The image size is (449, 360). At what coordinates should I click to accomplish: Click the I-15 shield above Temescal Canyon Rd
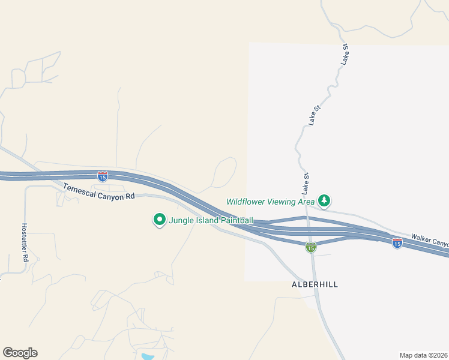coord(103,176)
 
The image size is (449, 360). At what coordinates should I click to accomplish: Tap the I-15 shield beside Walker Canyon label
coord(397,243)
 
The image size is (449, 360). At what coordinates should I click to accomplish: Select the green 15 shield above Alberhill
coord(310,247)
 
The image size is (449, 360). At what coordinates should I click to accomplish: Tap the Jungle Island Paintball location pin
coord(159,220)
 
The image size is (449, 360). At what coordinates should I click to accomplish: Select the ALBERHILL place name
coord(315,284)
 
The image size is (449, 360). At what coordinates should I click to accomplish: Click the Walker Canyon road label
coord(429,241)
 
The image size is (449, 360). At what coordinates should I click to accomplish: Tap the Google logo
coord(20,352)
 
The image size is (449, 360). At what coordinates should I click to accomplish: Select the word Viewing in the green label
coord(282,202)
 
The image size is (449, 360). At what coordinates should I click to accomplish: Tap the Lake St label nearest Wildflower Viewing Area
coord(306,183)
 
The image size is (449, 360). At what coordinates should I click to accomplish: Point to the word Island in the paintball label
coord(206,220)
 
